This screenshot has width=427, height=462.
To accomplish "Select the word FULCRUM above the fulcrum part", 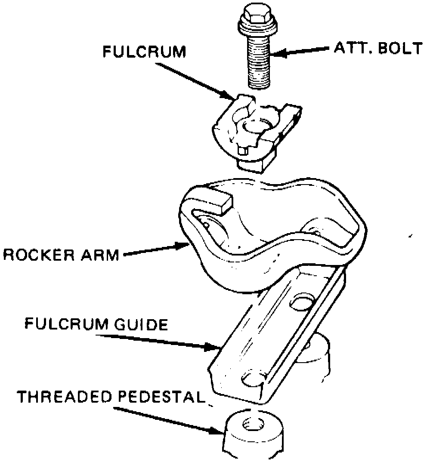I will pos(144,52).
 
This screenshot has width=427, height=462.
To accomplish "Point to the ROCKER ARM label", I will pos(60,255).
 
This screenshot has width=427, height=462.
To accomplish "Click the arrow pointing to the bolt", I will pos(301,52).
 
